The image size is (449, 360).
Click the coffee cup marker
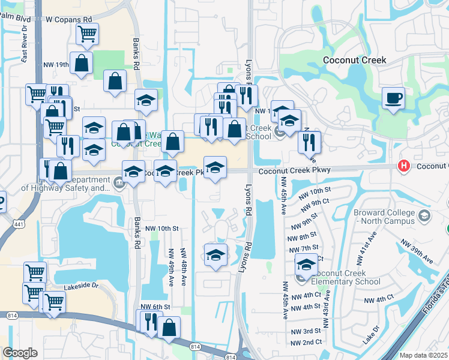point(394,98)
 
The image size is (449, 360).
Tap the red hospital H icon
point(405,166)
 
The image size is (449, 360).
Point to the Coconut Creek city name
point(354,60)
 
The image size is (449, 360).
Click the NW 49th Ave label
point(171,266)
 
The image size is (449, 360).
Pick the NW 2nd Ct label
point(306,342)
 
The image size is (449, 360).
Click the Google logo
point(20,353)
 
